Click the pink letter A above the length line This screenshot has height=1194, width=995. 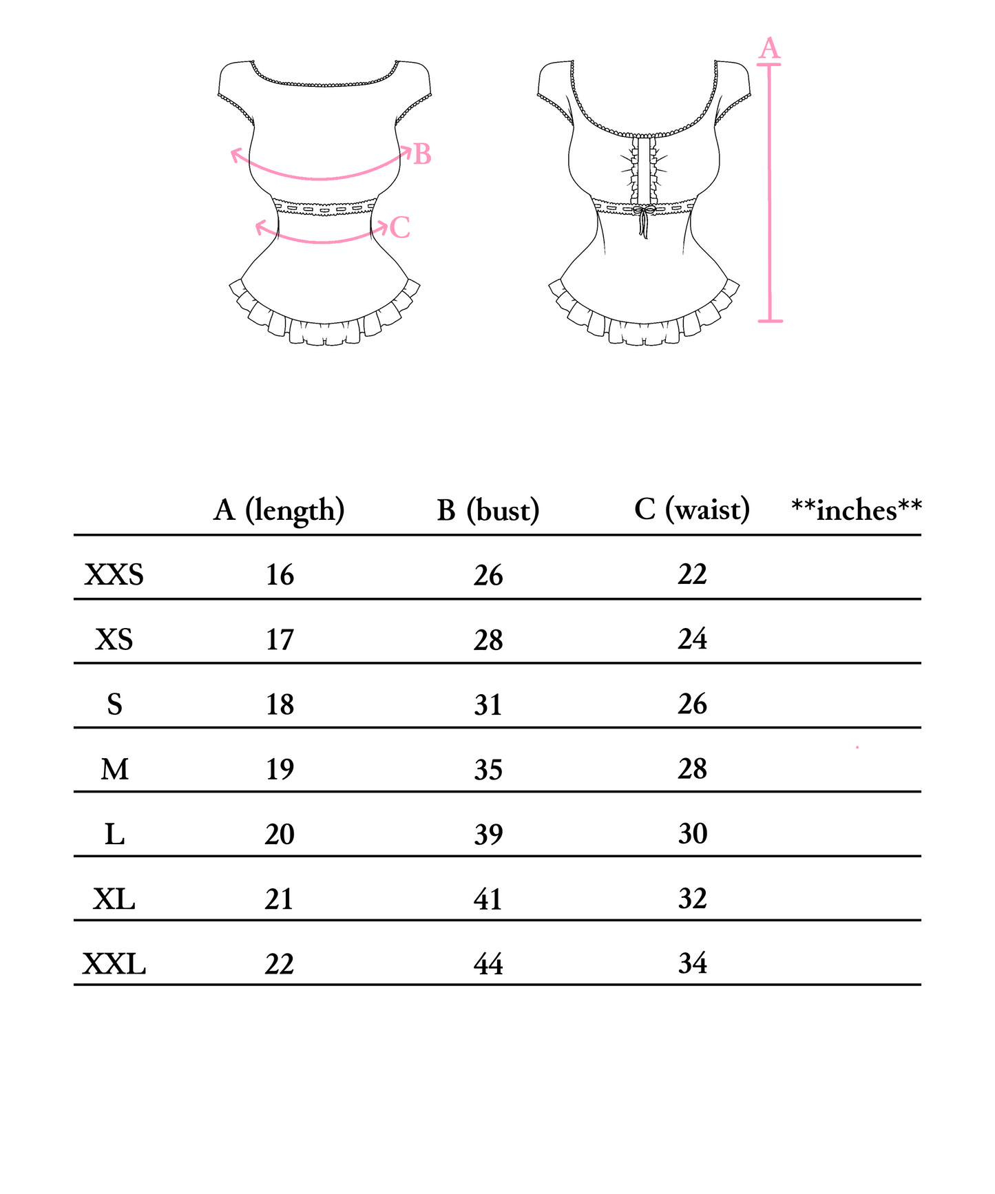click(x=769, y=49)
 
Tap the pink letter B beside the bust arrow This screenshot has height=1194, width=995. click(x=422, y=154)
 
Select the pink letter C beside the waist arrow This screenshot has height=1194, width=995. click(x=400, y=227)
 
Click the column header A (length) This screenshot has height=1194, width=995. click(x=279, y=510)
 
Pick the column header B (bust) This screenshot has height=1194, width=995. click(x=488, y=510)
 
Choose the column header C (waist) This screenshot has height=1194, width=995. click(x=692, y=510)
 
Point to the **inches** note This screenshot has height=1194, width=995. click(x=857, y=510)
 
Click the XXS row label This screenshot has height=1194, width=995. click(x=114, y=574)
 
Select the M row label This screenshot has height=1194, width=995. click(x=114, y=768)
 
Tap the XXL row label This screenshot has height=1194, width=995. click(x=114, y=963)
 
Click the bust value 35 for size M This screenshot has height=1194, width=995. click(x=488, y=769)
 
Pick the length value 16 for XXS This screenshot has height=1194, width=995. click(x=280, y=574)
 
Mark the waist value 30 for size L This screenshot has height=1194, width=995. click(x=693, y=833)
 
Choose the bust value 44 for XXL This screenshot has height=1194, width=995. click(x=488, y=963)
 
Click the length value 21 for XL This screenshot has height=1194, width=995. click(x=280, y=899)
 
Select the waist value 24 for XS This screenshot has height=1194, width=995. click(x=693, y=639)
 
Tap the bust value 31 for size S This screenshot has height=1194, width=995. click(x=488, y=704)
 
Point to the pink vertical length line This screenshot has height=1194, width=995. click(x=770, y=193)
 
